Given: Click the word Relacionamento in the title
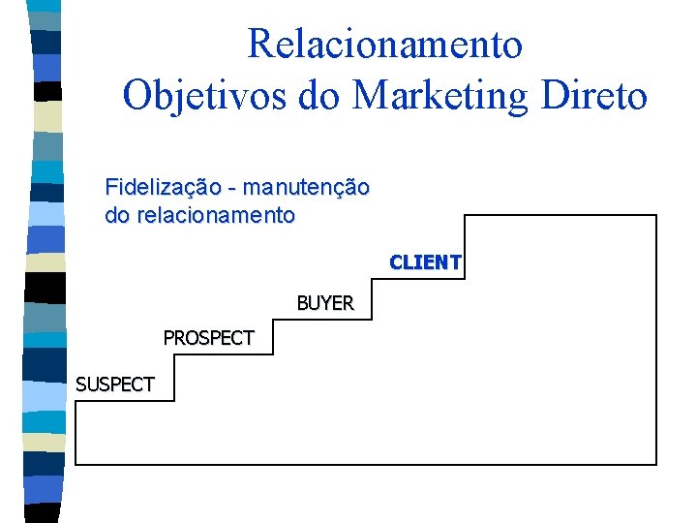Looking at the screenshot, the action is tap(384, 45).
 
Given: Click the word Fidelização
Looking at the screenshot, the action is tap(166, 187).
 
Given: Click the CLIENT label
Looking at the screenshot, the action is tap(425, 262).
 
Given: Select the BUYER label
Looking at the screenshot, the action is tap(324, 303).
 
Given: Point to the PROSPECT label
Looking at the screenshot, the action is tap(208, 338).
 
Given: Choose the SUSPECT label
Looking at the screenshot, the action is tap(114, 385).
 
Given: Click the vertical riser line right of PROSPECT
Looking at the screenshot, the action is tap(274, 338).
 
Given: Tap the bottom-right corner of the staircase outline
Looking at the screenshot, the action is tap(656, 464).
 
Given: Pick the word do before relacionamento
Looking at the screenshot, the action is tap(118, 215).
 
